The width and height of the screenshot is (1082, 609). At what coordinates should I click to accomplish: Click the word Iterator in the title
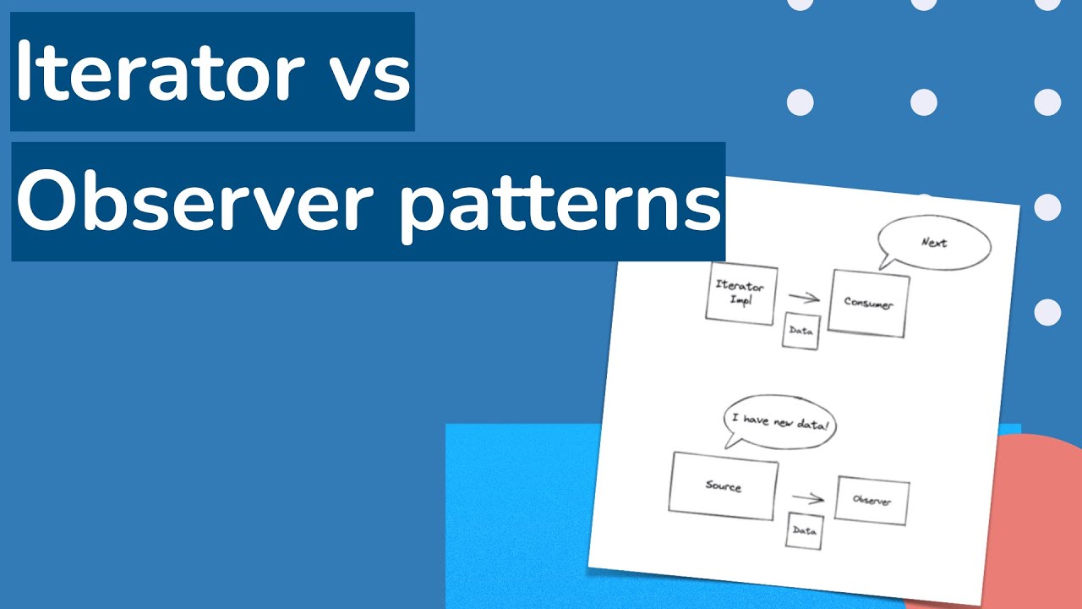161,73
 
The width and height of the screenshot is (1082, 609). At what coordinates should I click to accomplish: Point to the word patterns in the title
560,204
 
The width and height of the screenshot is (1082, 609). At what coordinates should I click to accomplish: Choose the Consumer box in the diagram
868,304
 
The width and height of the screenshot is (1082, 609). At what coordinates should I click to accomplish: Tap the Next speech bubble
933,243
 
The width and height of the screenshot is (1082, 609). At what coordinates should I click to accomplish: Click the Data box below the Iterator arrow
801,331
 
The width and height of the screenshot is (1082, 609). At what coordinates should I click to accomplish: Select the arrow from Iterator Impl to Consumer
804,297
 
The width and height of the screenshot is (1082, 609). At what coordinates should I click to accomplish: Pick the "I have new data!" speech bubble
779,420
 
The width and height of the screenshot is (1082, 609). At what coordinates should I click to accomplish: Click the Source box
723,486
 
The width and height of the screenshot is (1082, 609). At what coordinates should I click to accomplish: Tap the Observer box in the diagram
872,500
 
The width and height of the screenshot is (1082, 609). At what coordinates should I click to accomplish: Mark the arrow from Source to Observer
807,498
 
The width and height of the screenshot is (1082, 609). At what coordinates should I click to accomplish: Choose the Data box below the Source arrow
804,531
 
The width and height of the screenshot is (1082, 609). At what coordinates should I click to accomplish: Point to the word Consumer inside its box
868,304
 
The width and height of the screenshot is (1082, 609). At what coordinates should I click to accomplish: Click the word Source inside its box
723,486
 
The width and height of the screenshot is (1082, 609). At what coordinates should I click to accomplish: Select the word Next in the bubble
933,243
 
